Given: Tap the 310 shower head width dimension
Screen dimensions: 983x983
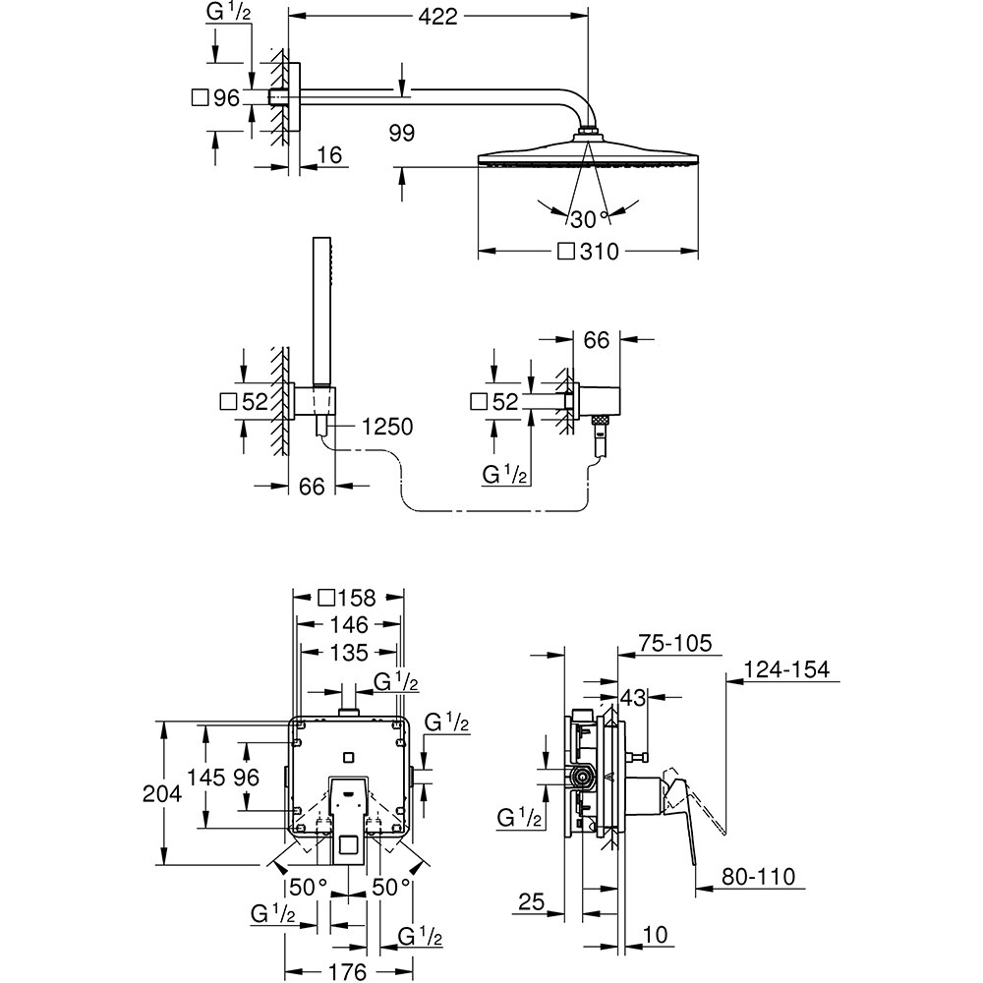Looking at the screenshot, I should pos(597,252).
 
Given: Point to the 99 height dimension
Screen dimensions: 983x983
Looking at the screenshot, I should pos(401,133).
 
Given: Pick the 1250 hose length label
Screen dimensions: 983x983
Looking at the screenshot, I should pos(386,426).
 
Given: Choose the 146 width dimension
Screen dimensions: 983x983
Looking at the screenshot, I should pos(348,625).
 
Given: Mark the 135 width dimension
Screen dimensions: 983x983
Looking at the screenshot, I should pos(348,652).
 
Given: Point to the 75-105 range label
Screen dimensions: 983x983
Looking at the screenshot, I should pos(673,643).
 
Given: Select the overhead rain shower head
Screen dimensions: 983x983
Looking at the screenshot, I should pos(588,156).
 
